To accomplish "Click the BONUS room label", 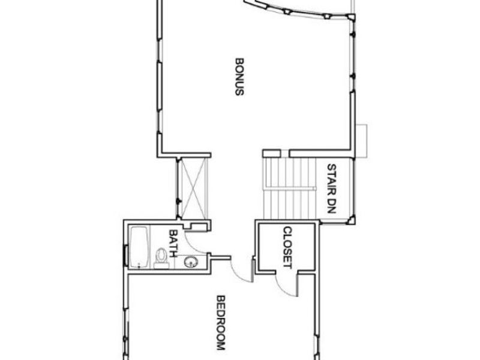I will tap(239, 76).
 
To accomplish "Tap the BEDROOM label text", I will tap(220, 323).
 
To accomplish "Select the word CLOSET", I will tap(287, 247).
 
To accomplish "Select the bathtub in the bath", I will tap(139, 247).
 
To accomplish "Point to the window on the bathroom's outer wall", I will tap(125, 254).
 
